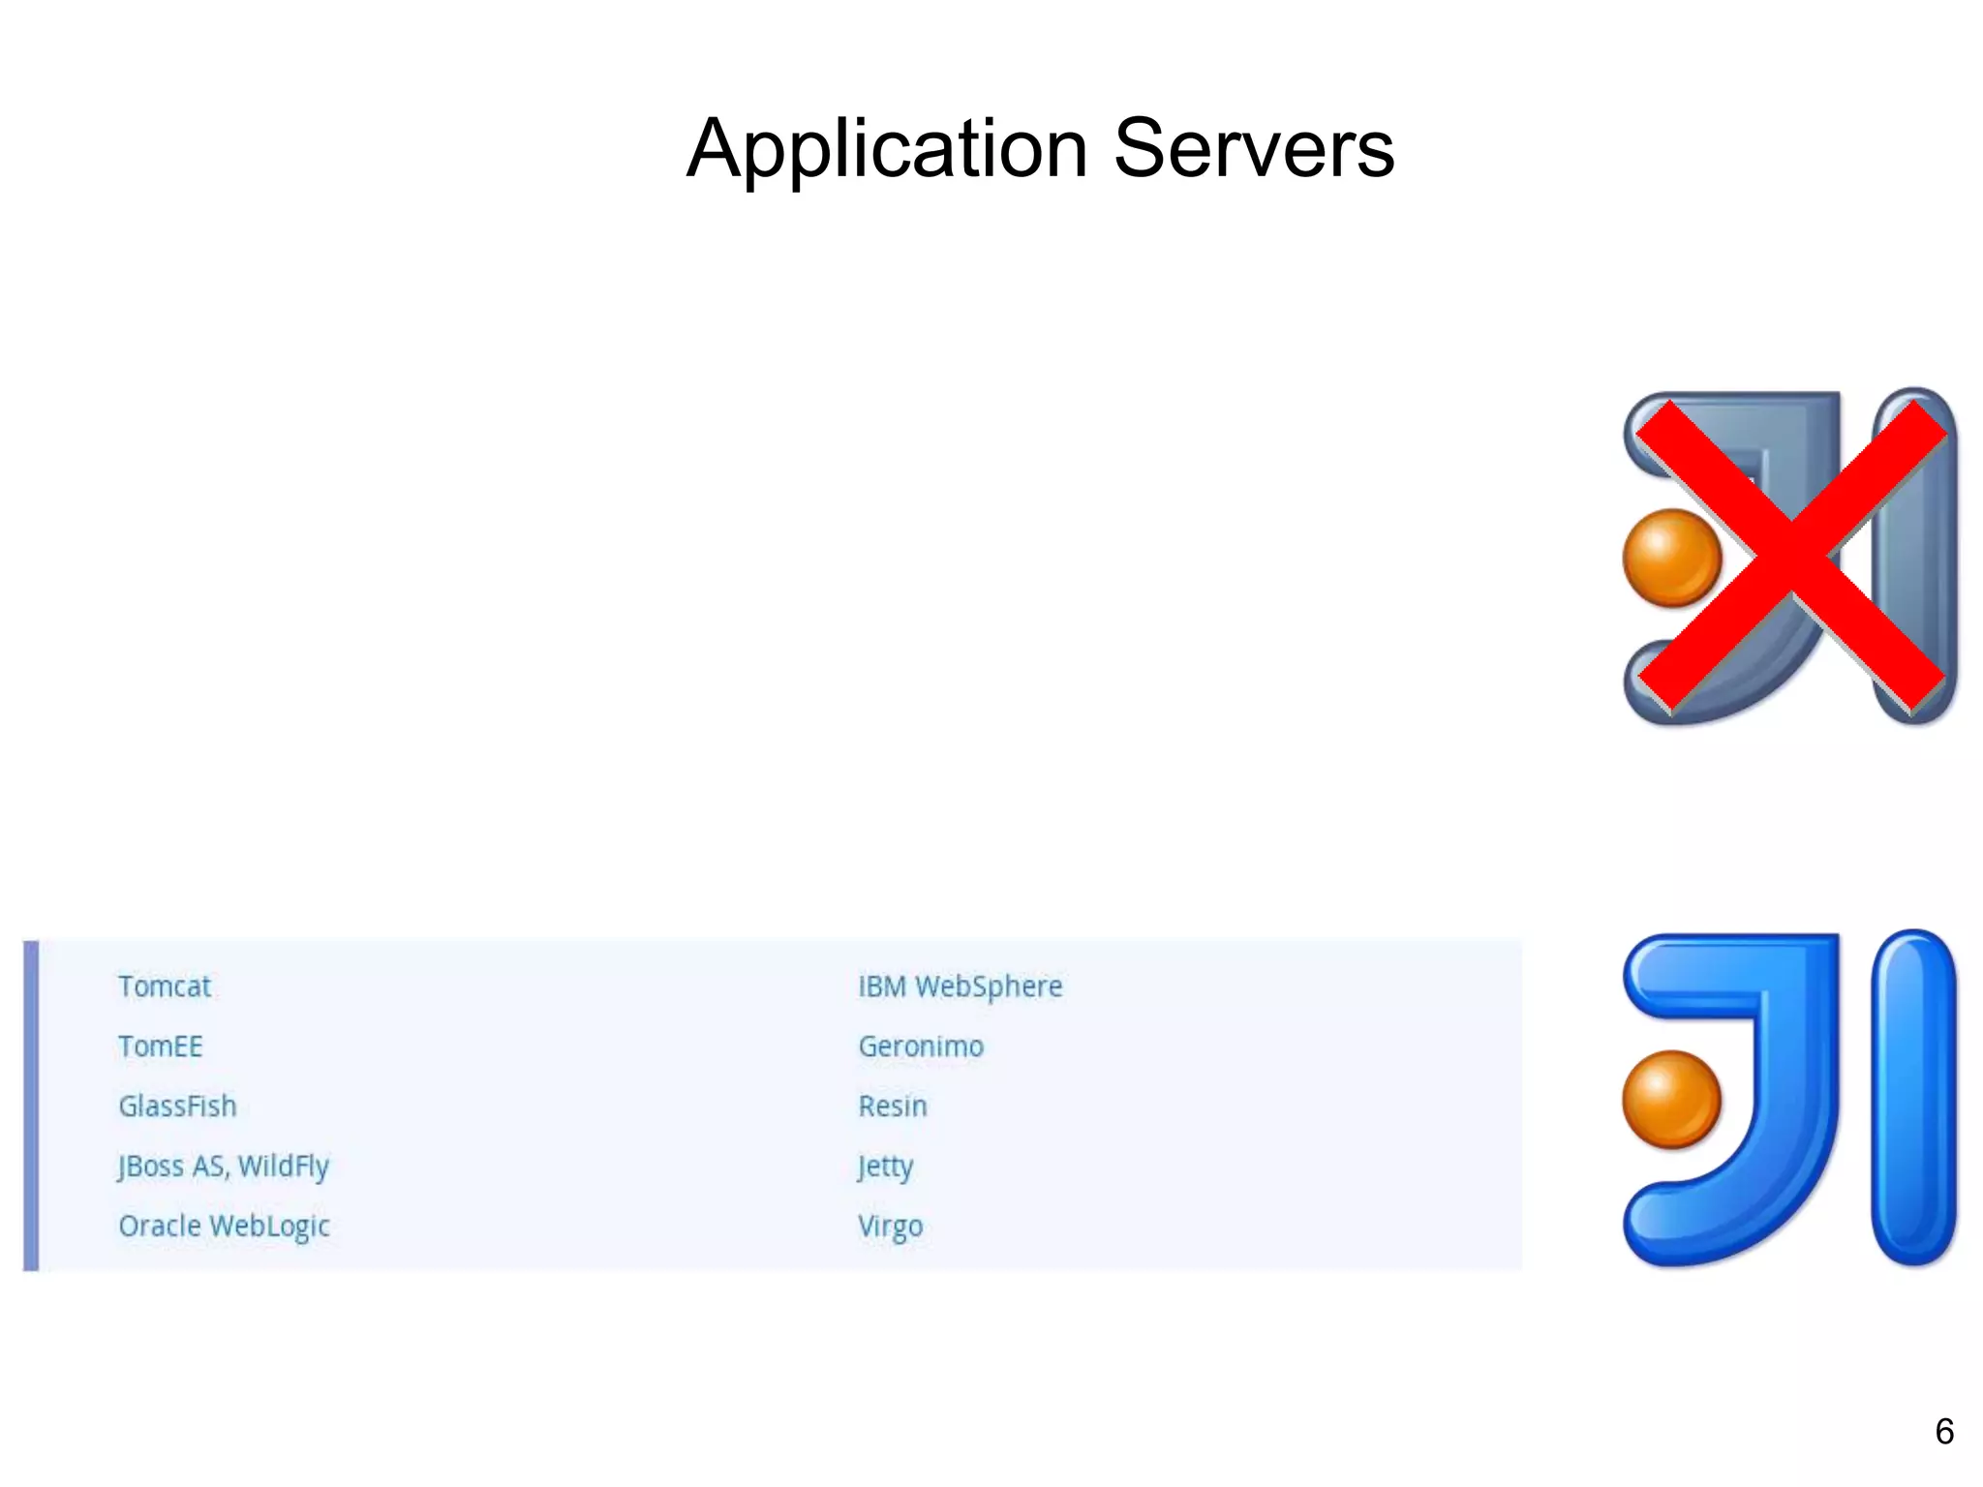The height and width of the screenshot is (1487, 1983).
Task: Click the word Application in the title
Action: point(887,150)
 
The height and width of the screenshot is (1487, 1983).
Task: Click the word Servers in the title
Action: point(1254,150)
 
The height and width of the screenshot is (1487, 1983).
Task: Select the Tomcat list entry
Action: point(165,986)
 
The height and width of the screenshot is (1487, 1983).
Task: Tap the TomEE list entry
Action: point(161,1047)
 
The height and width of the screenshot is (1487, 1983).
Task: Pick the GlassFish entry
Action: point(177,1107)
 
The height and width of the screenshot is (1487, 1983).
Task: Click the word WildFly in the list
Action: point(284,1167)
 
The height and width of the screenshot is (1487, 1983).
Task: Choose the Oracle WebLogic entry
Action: point(224,1227)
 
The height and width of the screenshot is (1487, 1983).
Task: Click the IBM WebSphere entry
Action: point(960,986)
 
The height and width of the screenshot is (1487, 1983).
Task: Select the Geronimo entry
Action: point(921,1047)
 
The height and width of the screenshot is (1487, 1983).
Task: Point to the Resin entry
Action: point(893,1107)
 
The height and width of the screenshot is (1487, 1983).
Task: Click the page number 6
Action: point(1943,1432)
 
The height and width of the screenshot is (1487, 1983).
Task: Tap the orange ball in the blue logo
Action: point(1671,1099)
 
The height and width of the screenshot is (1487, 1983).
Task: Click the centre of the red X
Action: point(1791,555)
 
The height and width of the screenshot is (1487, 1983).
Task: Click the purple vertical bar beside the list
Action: point(31,1105)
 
